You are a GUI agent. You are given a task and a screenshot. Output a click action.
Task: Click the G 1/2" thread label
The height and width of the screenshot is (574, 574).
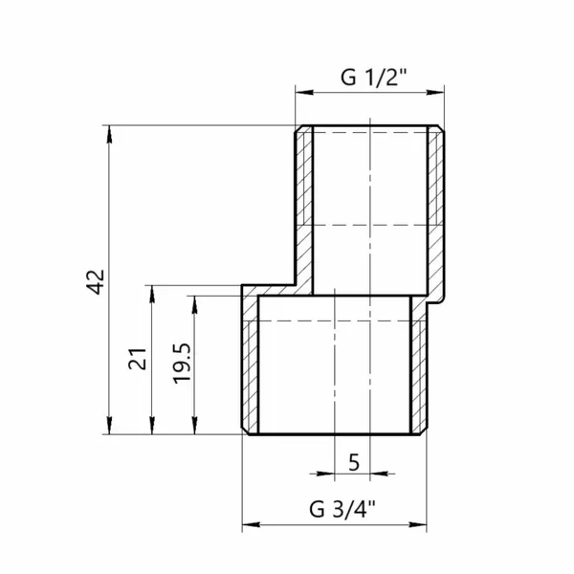[373, 77]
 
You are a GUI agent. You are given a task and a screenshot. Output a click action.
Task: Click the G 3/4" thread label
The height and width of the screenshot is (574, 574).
[342, 509]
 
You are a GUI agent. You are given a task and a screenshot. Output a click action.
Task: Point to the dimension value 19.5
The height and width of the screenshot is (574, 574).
[182, 364]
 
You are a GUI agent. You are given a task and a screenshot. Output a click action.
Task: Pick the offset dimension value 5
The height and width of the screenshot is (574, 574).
[354, 463]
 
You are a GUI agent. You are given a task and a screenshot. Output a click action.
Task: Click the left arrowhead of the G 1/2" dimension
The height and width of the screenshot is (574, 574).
[304, 92]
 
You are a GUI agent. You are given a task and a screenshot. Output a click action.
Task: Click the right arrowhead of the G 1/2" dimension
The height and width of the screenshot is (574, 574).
[435, 92]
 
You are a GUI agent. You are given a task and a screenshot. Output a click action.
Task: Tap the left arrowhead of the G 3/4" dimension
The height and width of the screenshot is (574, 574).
[251, 524]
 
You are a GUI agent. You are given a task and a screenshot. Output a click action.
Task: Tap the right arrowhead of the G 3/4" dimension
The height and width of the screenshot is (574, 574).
[418, 524]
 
